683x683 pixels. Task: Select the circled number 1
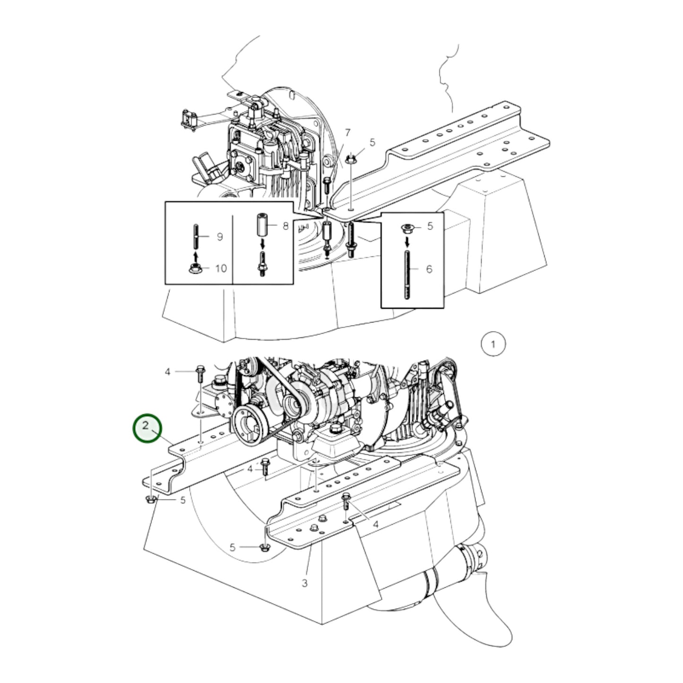tap(493, 344)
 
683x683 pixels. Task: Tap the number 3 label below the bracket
tap(305, 583)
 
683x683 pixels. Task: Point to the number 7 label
tap(347, 132)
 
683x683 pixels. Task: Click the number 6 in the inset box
tap(429, 269)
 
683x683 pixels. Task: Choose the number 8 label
tap(285, 226)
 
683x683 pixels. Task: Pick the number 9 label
tap(220, 236)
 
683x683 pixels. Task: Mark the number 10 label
tap(221, 268)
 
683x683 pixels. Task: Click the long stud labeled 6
tap(406, 274)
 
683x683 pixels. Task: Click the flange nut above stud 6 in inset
tap(406, 229)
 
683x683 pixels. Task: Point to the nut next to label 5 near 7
tap(351, 159)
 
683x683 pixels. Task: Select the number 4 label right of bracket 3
tap(376, 524)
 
